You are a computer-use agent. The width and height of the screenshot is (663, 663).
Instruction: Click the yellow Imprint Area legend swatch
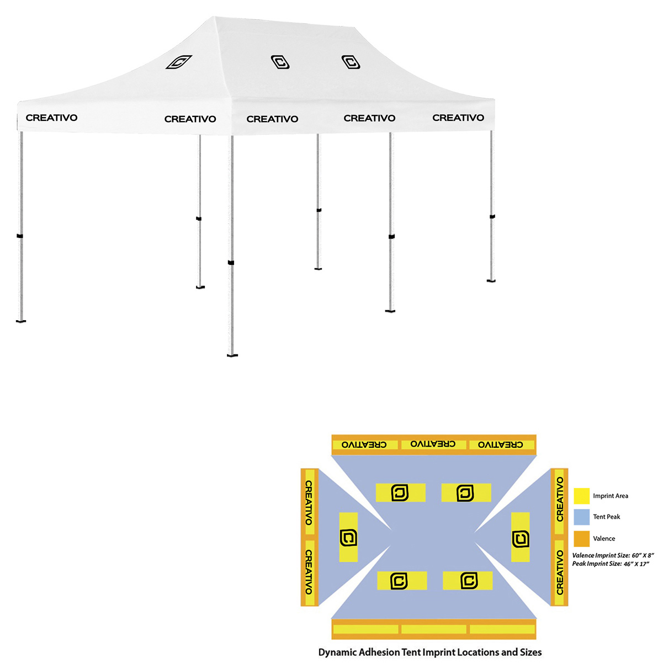click(581, 496)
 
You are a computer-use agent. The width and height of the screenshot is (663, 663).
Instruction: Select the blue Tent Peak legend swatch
click(581, 517)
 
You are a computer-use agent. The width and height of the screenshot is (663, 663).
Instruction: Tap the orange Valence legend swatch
click(581, 538)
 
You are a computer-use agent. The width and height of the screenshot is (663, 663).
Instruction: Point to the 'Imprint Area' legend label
click(610, 496)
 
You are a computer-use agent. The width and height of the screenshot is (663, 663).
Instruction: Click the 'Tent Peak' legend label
click(606, 517)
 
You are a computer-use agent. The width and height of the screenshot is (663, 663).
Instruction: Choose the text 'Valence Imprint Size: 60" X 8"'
click(613, 555)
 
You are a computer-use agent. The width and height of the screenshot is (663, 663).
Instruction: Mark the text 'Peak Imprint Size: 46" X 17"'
click(611, 564)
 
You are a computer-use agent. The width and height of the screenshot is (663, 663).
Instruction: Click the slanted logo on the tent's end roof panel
click(178, 62)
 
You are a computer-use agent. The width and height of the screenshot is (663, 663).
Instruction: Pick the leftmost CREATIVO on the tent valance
click(51, 118)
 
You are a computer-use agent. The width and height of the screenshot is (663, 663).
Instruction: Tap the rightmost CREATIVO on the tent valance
click(458, 118)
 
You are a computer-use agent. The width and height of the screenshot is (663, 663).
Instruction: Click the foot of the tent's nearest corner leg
click(232, 355)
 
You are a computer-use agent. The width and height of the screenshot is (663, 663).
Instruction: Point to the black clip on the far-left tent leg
click(20, 236)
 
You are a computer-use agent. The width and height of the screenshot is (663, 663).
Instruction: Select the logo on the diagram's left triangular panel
click(348, 538)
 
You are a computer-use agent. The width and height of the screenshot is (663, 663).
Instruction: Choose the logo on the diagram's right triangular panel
click(520, 539)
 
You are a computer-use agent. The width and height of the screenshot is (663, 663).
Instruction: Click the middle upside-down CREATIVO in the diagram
click(433, 444)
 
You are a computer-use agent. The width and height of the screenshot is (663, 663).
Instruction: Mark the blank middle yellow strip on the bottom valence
click(433, 629)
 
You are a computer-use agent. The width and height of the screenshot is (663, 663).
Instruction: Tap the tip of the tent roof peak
click(214, 17)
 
